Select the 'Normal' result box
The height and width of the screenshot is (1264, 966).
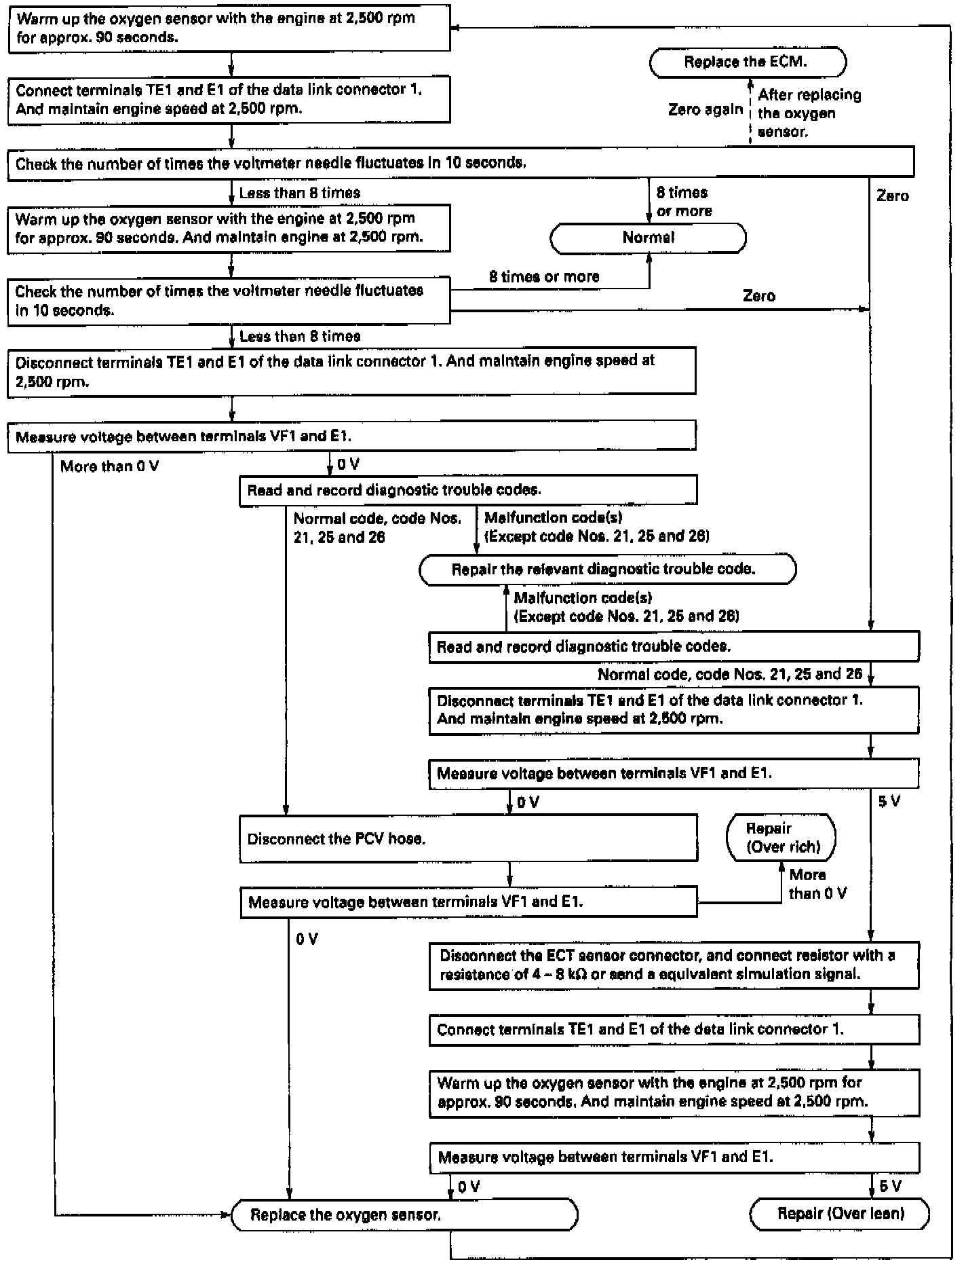click(x=648, y=238)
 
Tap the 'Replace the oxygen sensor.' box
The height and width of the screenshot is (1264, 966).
click(x=404, y=1214)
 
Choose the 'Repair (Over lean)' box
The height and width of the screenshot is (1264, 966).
click(x=840, y=1213)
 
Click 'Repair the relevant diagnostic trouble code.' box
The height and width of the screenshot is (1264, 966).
click(x=607, y=569)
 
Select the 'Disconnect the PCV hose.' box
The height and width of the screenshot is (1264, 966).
click(x=468, y=839)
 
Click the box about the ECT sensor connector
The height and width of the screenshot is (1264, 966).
click(x=674, y=965)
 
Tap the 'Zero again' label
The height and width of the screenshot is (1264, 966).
click(x=706, y=110)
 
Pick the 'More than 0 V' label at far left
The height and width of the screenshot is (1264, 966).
click(x=109, y=466)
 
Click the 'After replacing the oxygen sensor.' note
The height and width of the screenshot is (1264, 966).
click(x=809, y=113)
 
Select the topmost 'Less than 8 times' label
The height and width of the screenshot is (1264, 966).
click(x=300, y=193)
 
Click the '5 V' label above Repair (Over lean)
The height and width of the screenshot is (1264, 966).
click(x=890, y=1186)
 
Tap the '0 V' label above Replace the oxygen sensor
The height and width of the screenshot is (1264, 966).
click(x=469, y=1187)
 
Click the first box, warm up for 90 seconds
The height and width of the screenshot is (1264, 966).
click(x=229, y=29)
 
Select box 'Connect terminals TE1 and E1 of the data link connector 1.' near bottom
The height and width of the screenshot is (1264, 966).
click(x=674, y=1029)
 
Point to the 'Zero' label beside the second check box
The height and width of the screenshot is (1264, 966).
click(x=758, y=296)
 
